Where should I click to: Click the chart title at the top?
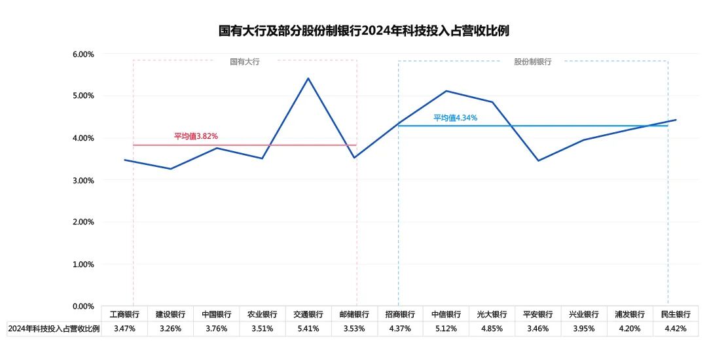pos(364,31)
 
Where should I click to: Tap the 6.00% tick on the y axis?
pos(83,54)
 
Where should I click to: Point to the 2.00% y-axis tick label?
pos(83,222)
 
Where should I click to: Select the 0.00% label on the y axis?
pos(83,306)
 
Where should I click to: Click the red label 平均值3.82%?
pos(196,136)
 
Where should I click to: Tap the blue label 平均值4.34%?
pos(456,118)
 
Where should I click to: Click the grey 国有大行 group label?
pos(245,62)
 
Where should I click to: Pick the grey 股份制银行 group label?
pos(532,62)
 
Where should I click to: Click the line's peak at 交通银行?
pos(308,79)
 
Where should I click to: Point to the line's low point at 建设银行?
pos(170,169)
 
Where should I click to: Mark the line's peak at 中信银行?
pos(446,91)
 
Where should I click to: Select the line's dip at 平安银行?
pos(538,161)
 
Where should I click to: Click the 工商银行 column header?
pos(124,314)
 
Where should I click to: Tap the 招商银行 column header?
pos(400,314)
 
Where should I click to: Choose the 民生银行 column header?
pos(676,314)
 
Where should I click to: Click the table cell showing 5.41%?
pos(308,329)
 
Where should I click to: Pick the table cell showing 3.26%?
pos(170,329)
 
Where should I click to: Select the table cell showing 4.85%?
pos(492,329)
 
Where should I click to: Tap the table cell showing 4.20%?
pos(630,329)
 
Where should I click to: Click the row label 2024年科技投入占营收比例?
pos(54,329)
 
